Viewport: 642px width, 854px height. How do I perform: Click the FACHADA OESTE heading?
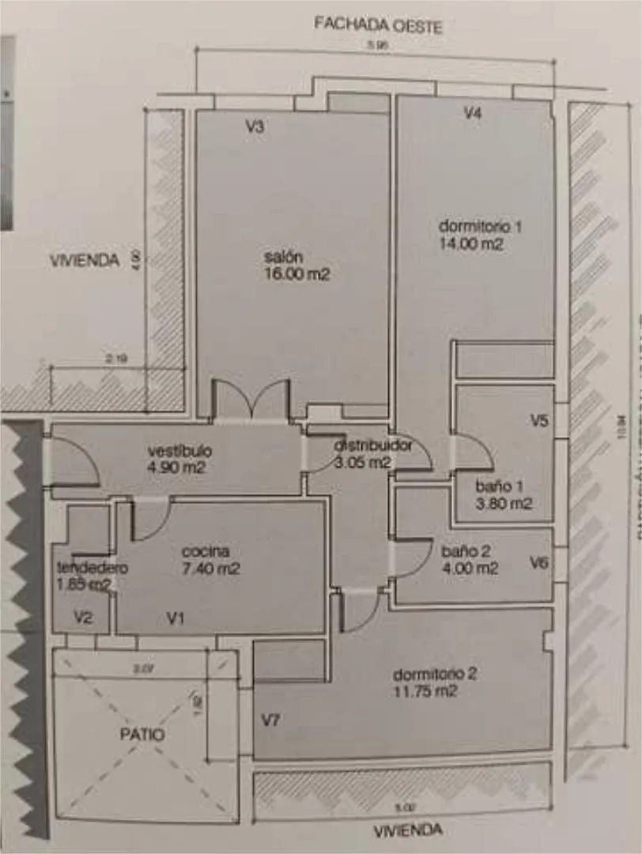pyautogui.click(x=378, y=24)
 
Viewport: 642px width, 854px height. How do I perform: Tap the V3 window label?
pyautogui.click(x=254, y=124)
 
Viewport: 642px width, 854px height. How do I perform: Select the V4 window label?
pyautogui.click(x=472, y=113)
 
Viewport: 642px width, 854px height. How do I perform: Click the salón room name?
pyautogui.click(x=285, y=257)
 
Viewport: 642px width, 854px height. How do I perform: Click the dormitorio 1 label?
pyautogui.click(x=481, y=226)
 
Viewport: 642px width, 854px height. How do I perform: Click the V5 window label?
pyautogui.click(x=540, y=421)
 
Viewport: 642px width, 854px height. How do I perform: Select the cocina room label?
pyautogui.click(x=206, y=551)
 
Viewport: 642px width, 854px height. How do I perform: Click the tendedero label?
pyautogui.click(x=93, y=568)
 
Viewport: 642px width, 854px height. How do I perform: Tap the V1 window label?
pyautogui.click(x=176, y=618)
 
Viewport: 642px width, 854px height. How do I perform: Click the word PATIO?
pyautogui.click(x=142, y=734)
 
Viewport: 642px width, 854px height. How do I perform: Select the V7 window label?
pyautogui.click(x=271, y=720)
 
